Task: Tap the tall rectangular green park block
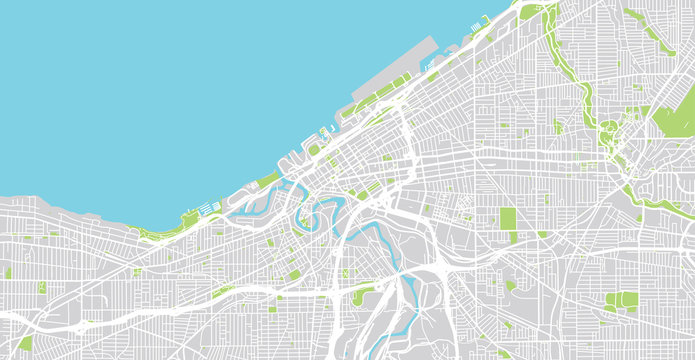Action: click(508, 219)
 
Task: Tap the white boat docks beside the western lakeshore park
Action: click(208, 210)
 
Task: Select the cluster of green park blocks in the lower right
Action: click(622, 300)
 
